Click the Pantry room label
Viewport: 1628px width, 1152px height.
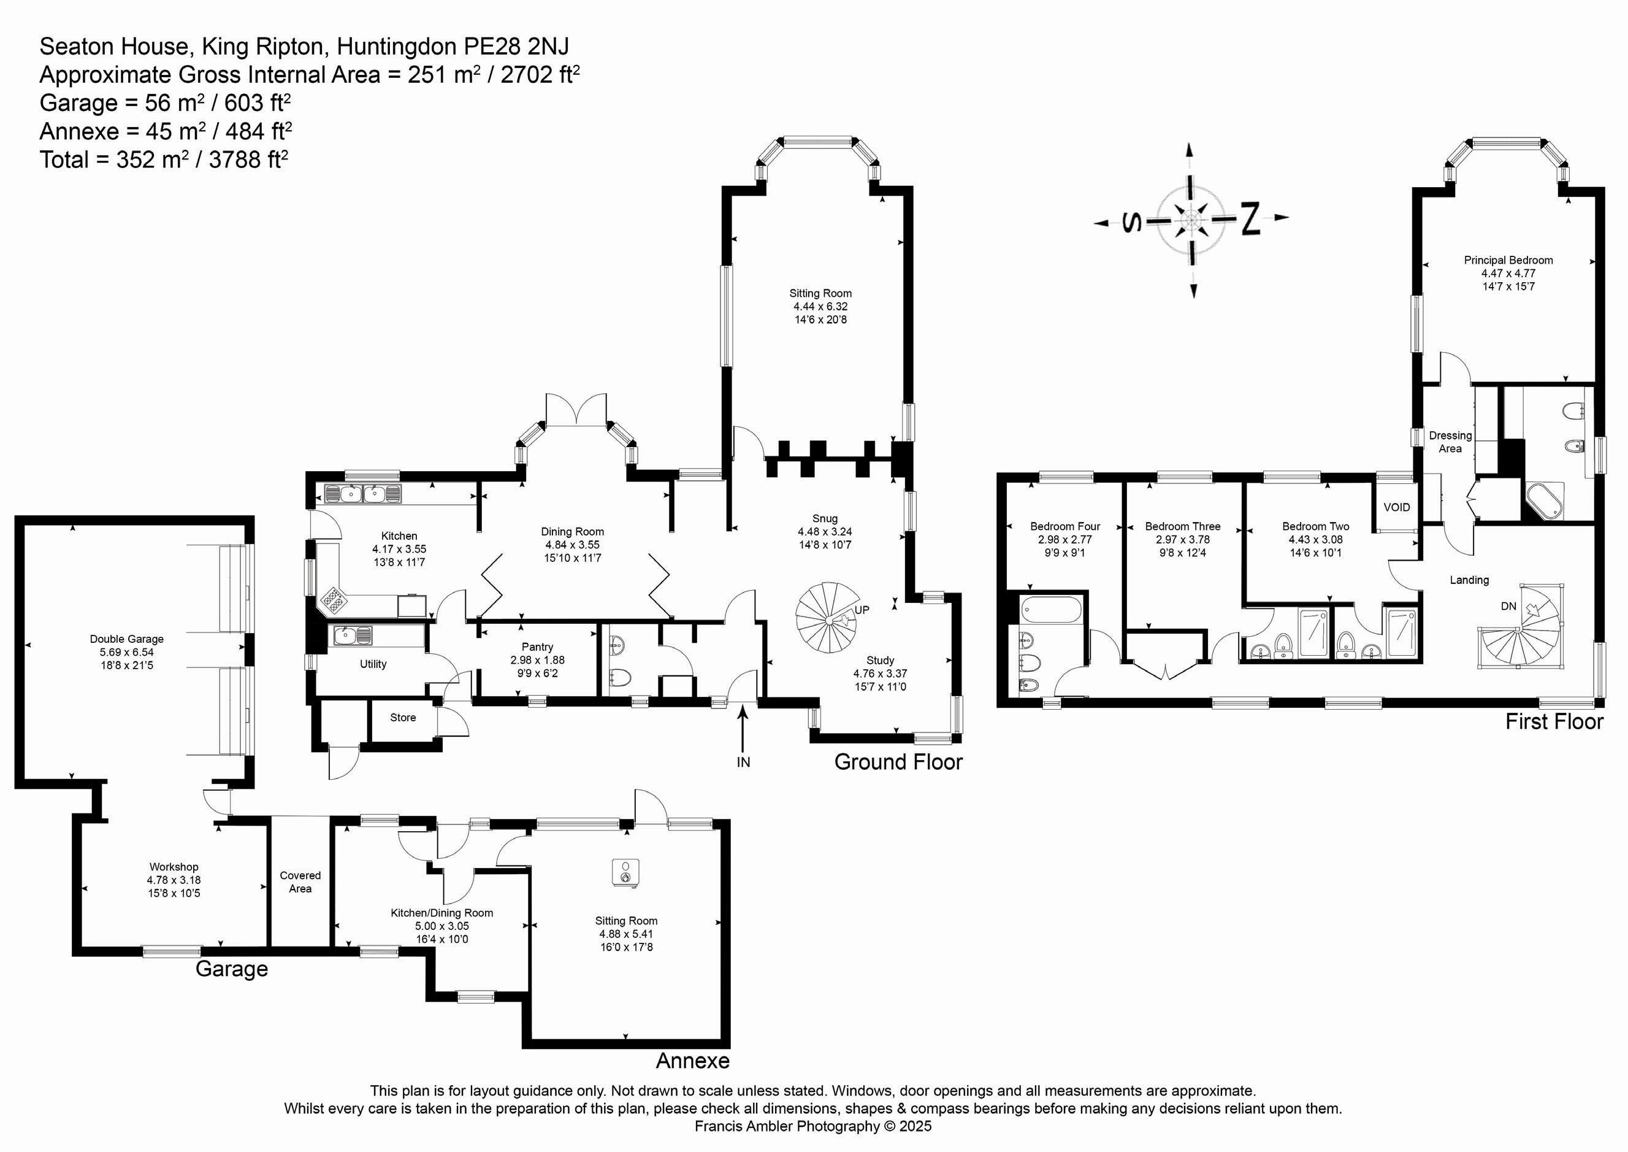pyautogui.click(x=537, y=647)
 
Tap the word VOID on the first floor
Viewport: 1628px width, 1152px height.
pyautogui.click(x=1397, y=507)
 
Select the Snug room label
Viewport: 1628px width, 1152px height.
pyautogui.click(x=825, y=518)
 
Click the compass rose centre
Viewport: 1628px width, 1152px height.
pyautogui.click(x=1191, y=220)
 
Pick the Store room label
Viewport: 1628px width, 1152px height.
pyautogui.click(x=403, y=717)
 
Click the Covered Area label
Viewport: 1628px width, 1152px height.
pyautogui.click(x=300, y=881)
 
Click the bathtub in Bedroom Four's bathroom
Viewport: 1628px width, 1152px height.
pyautogui.click(x=1050, y=609)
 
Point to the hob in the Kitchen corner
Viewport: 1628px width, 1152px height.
pyautogui.click(x=333, y=600)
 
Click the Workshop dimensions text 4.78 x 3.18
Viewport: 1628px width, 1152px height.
pyautogui.click(x=174, y=880)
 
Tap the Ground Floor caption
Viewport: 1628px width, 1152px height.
pyautogui.click(x=898, y=762)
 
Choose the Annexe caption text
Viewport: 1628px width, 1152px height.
pyautogui.click(x=692, y=1061)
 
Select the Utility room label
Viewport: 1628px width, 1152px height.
pyautogui.click(x=373, y=664)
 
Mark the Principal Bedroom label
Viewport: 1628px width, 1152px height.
pyautogui.click(x=1508, y=260)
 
